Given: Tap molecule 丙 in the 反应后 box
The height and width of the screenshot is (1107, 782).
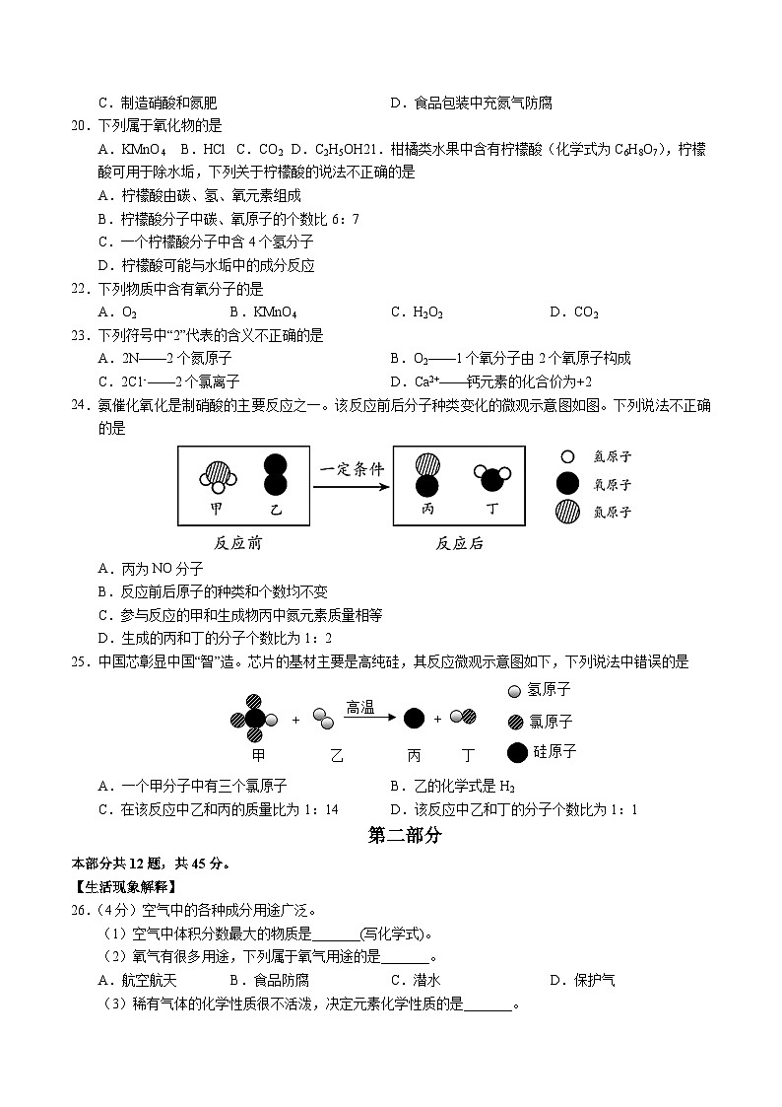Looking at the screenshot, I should click(x=426, y=474).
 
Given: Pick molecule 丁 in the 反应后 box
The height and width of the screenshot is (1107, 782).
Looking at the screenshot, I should click(x=492, y=477).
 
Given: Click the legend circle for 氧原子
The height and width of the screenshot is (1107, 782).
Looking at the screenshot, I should click(x=566, y=484).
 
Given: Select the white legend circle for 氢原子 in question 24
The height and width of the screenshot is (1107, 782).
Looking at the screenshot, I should click(x=566, y=457).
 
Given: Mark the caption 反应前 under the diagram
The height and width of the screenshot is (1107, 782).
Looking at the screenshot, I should click(x=237, y=543).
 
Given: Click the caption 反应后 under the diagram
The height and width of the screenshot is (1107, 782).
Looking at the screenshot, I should click(x=459, y=543).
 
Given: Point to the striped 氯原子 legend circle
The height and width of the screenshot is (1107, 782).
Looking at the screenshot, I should click(x=516, y=722).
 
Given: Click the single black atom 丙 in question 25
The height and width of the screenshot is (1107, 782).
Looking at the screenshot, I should click(x=415, y=719).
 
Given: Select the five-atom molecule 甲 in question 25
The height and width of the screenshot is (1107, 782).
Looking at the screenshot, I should click(x=255, y=719).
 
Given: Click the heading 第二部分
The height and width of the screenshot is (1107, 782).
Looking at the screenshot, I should click(x=404, y=835).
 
